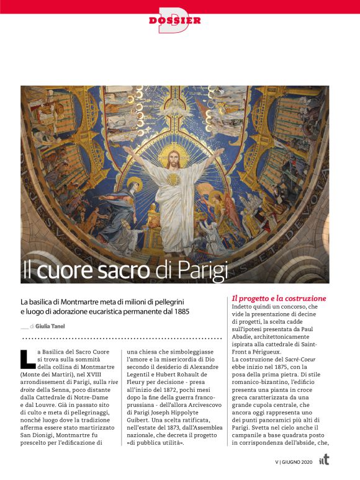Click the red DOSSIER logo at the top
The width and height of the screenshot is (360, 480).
[175, 20]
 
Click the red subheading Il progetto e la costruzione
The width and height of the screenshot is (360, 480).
[279, 298]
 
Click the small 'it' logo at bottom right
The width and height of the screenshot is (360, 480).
[323, 460]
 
